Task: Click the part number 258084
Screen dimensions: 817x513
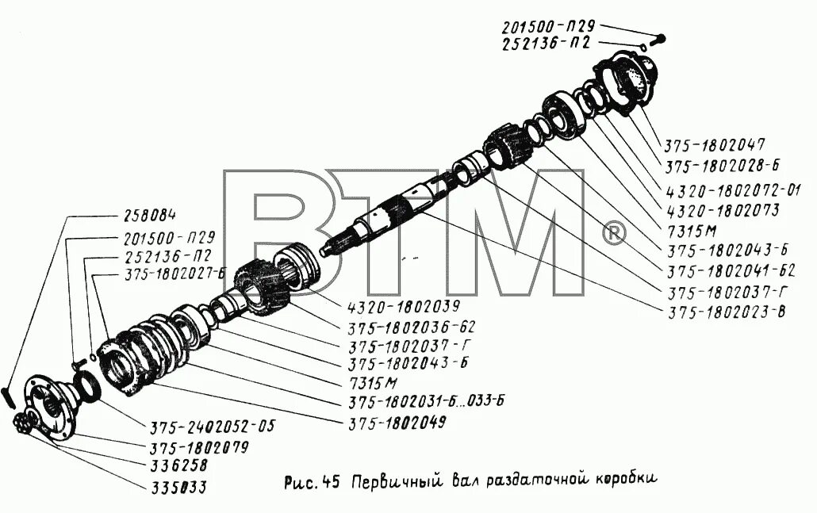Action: click(x=150, y=216)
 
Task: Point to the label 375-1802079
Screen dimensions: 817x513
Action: click(x=198, y=447)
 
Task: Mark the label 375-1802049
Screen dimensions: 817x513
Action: click(x=396, y=422)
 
